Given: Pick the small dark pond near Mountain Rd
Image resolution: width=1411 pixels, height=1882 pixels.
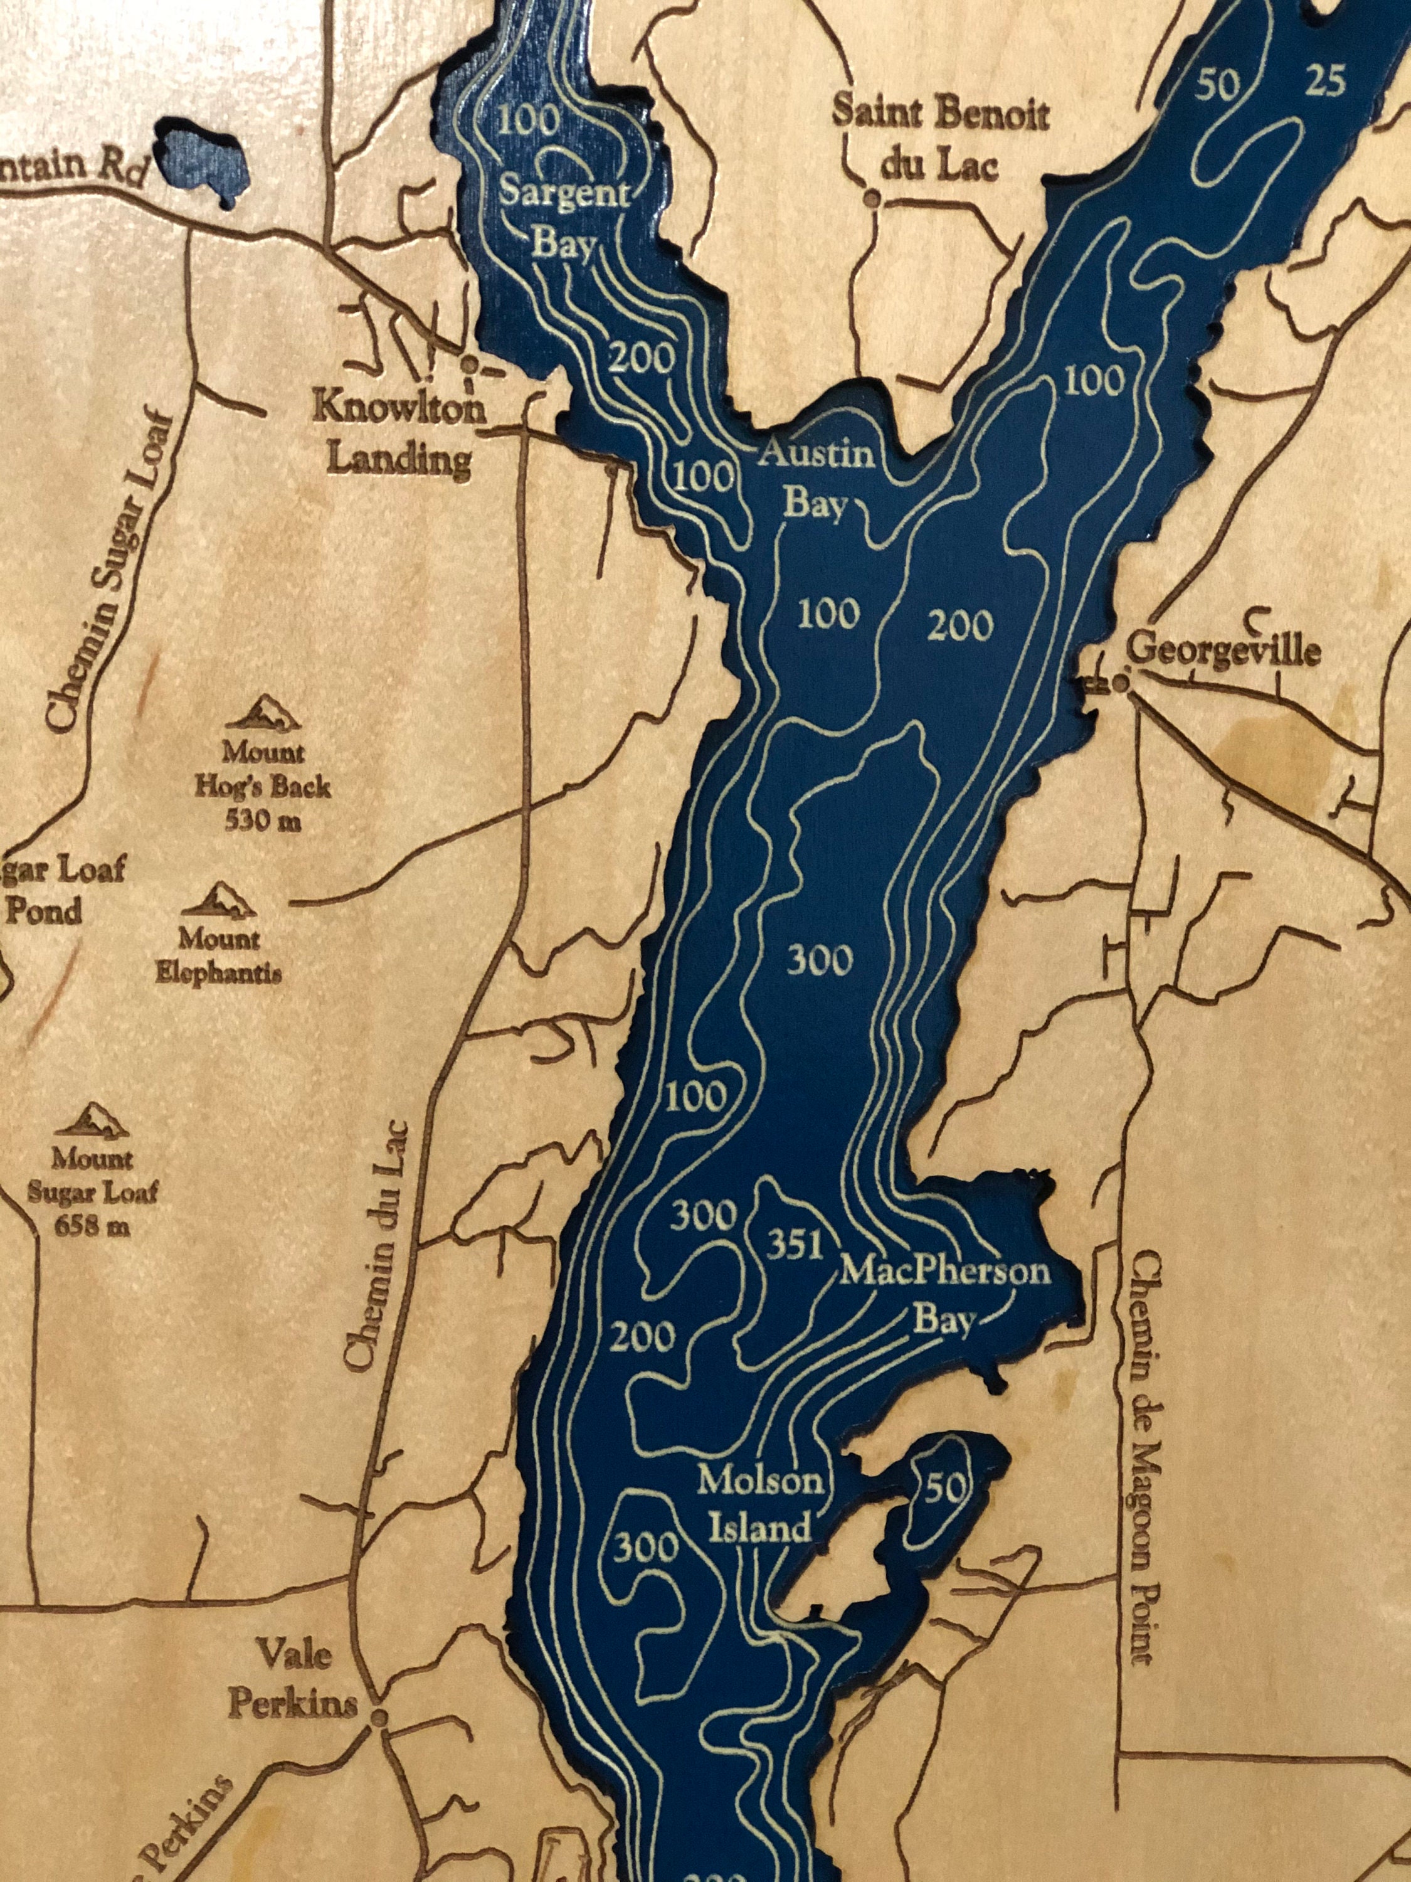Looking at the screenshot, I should pyautogui.click(x=201, y=160).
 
